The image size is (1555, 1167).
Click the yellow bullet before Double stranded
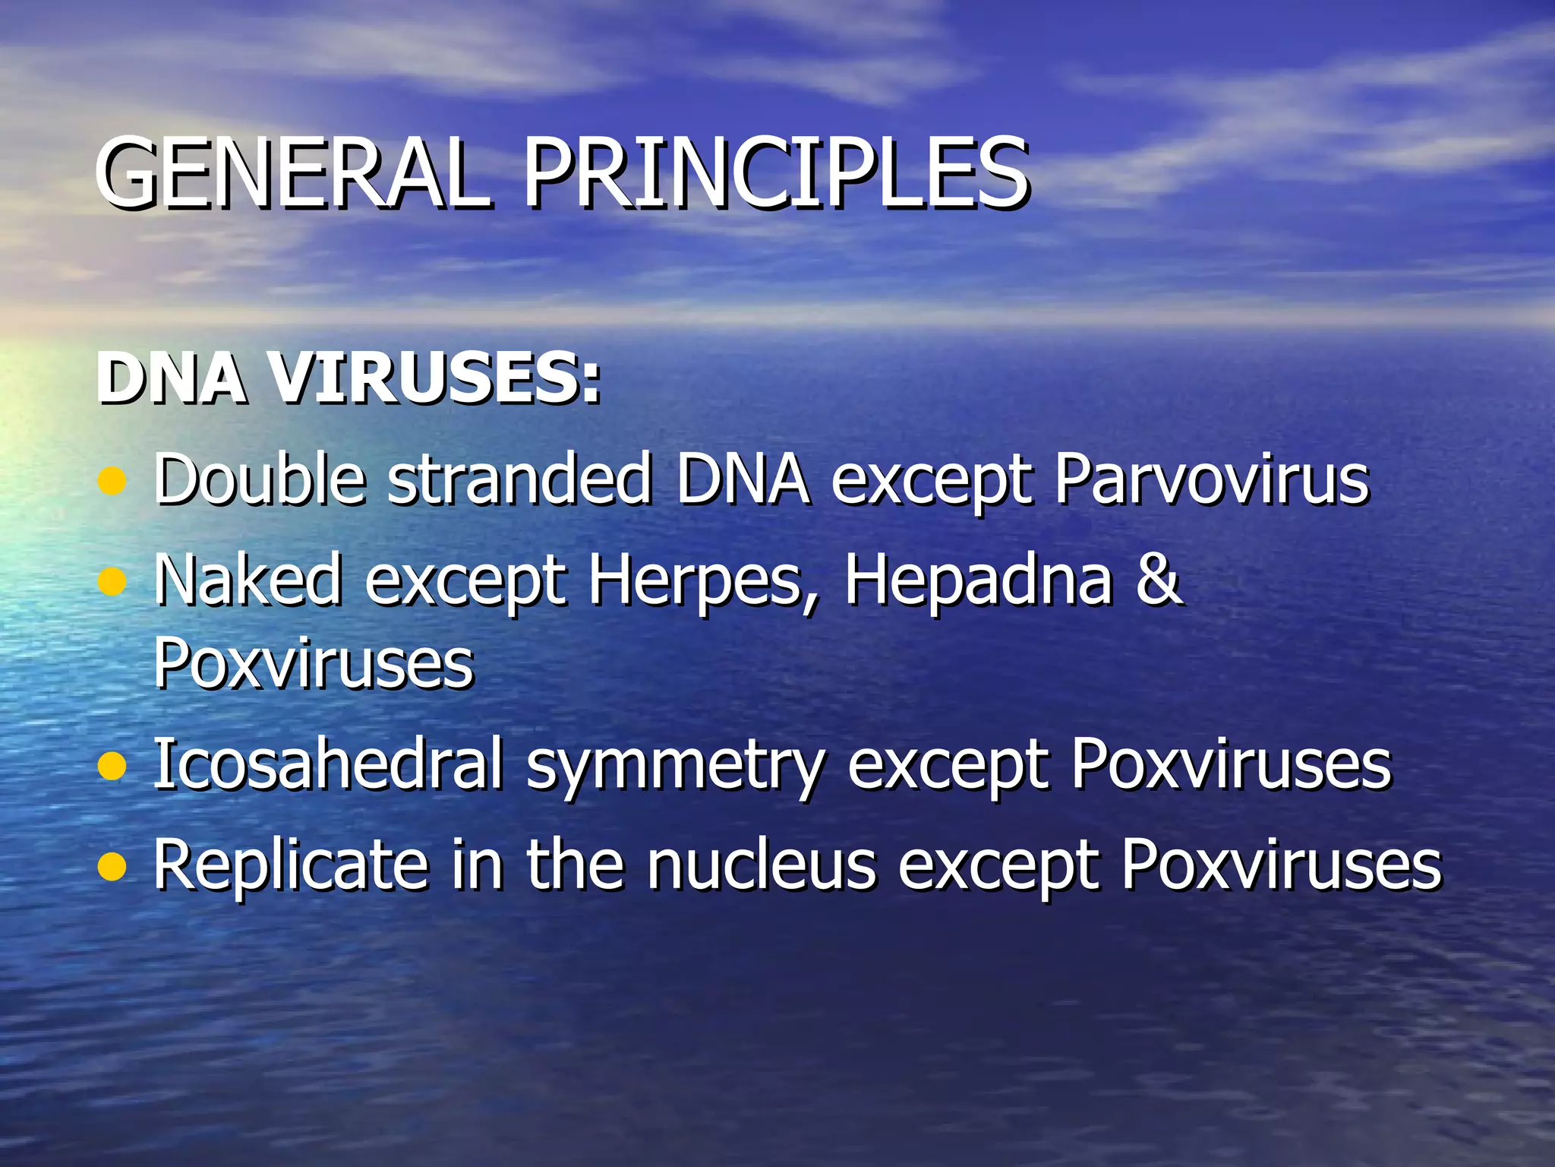click(112, 481)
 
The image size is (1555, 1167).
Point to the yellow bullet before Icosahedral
click(112, 766)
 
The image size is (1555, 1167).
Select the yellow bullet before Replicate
click(112, 866)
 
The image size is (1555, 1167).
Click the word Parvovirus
click(1213, 480)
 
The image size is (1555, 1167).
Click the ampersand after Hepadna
click(1159, 579)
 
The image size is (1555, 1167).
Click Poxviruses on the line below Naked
click(314, 663)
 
